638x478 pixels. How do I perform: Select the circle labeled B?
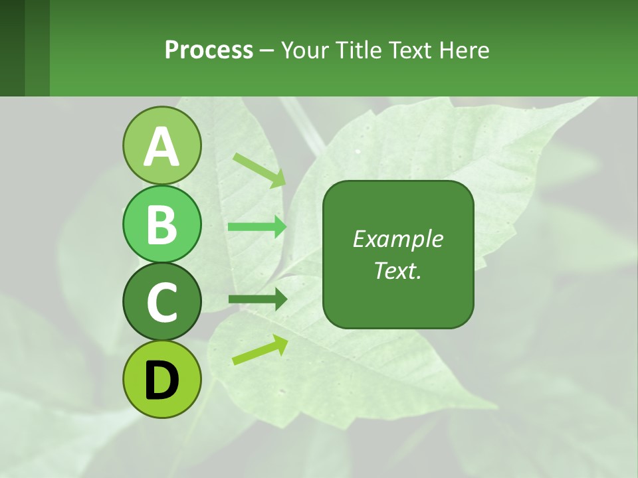click(161, 224)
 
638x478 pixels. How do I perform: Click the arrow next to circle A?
click(259, 170)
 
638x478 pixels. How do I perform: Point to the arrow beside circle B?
click(257, 227)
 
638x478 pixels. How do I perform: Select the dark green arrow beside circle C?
click(258, 299)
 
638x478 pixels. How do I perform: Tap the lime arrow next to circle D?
click(260, 350)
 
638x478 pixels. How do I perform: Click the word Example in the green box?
click(398, 239)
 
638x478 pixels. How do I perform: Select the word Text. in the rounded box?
click(398, 270)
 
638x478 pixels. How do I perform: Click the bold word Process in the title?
click(209, 50)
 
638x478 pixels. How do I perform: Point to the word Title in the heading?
click(356, 50)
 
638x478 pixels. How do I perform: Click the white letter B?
click(161, 224)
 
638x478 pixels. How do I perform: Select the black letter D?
click(161, 380)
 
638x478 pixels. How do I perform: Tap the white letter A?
click(161, 146)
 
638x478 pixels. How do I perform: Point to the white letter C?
click(161, 302)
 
